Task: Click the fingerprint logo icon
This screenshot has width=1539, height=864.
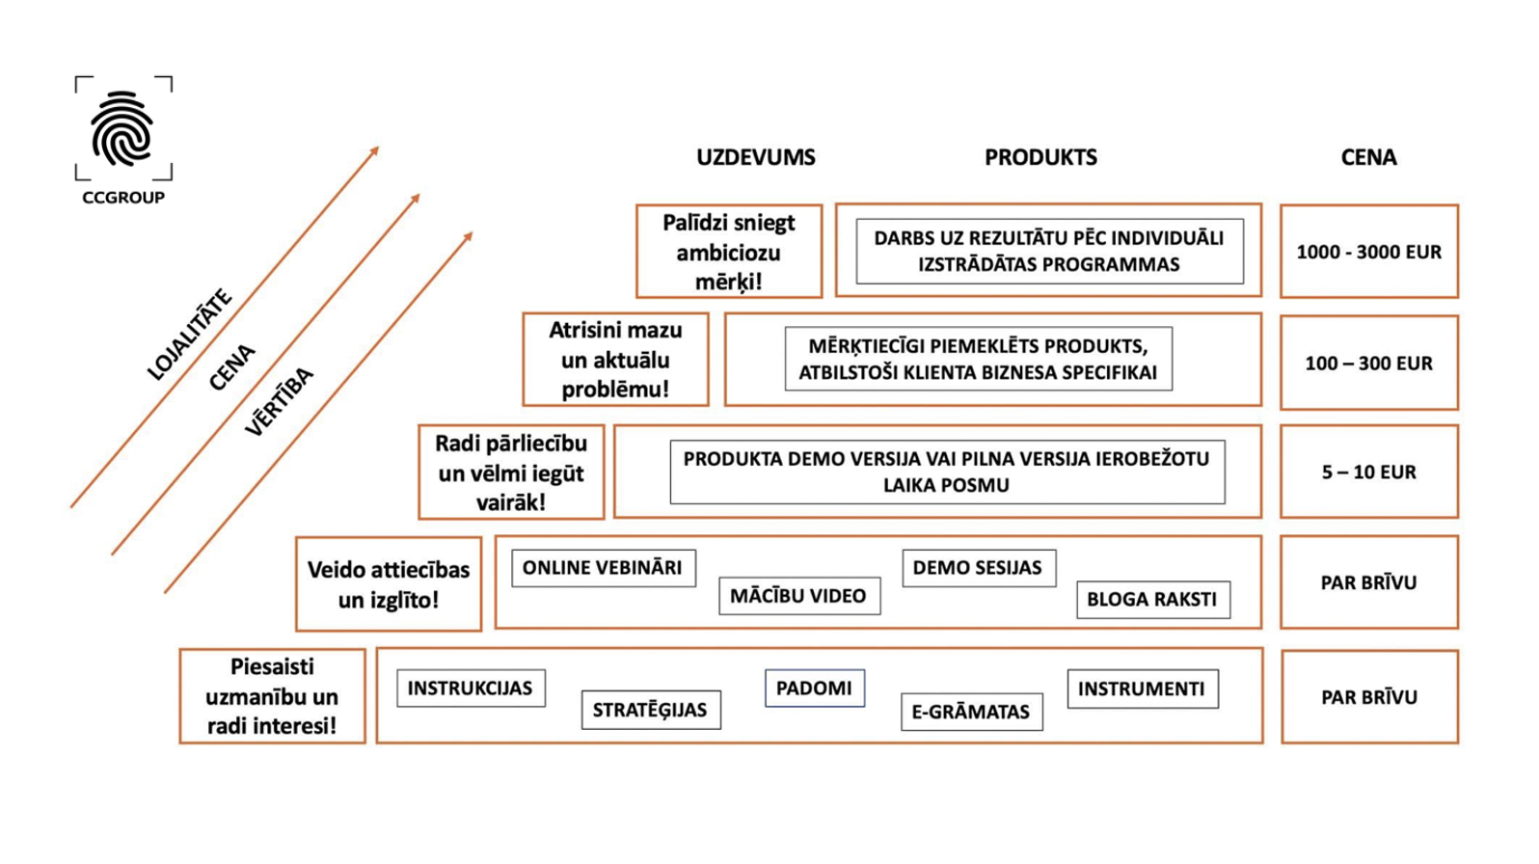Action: [122, 128]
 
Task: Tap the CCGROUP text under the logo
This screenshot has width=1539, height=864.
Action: [123, 198]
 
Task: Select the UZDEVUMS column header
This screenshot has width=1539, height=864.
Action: [756, 157]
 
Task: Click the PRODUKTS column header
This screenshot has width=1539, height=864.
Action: [1040, 157]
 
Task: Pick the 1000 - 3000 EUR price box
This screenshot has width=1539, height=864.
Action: [1368, 252]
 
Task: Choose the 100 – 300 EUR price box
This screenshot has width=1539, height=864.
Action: [1368, 364]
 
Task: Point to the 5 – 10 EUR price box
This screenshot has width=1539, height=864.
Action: [1368, 472]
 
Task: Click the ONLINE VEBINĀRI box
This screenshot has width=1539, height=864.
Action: [603, 568]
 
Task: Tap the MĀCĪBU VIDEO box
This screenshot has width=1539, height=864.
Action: [798, 596]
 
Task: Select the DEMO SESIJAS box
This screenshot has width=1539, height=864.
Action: [978, 568]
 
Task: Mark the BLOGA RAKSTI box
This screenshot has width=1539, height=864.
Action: [1152, 599]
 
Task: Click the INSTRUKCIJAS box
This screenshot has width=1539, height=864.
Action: [471, 688]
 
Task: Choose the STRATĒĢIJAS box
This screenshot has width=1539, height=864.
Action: [650, 711]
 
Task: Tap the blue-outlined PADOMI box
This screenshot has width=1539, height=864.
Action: [814, 688]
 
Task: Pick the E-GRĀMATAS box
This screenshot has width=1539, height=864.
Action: [971, 712]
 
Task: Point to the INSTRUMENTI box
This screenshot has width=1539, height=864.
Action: [1142, 688]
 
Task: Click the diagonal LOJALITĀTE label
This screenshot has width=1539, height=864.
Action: [190, 335]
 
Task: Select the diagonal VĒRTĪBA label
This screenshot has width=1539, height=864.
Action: [280, 402]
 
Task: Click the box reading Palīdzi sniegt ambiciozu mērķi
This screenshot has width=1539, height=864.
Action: [729, 252]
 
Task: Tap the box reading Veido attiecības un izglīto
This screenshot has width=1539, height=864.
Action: [389, 584]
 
